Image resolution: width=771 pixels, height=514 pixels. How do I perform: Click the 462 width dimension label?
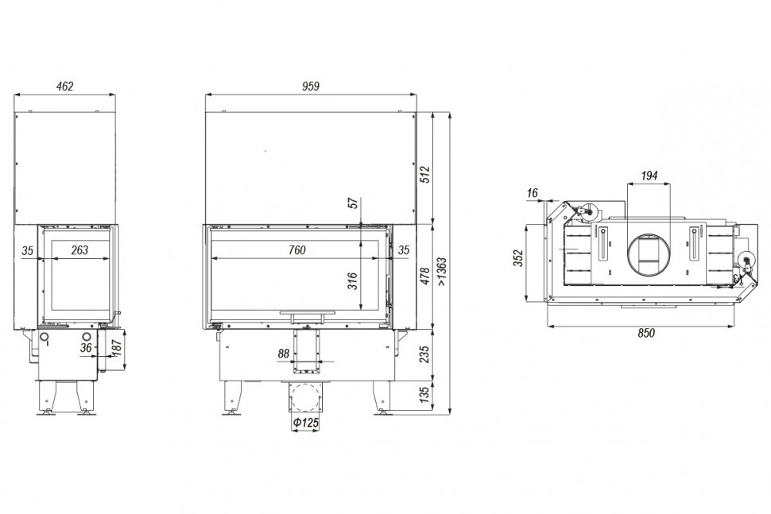pos(65,87)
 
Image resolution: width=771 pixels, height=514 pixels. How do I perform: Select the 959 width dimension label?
pos(310,87)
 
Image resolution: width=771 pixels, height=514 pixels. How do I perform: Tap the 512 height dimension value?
pos(425,175)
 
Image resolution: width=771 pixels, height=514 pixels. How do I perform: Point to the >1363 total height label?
pos(442,272)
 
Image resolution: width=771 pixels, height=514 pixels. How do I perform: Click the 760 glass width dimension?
pos(297,250)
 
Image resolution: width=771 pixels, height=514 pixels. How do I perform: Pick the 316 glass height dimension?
pos(353,280)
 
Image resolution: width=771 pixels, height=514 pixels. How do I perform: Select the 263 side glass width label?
pos(79,250)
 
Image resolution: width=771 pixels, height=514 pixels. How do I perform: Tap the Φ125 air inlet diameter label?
pos(305,422)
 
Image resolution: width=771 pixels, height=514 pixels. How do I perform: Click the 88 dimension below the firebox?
pos(284,354)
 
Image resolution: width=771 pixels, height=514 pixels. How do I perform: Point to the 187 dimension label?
pos(117,349)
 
